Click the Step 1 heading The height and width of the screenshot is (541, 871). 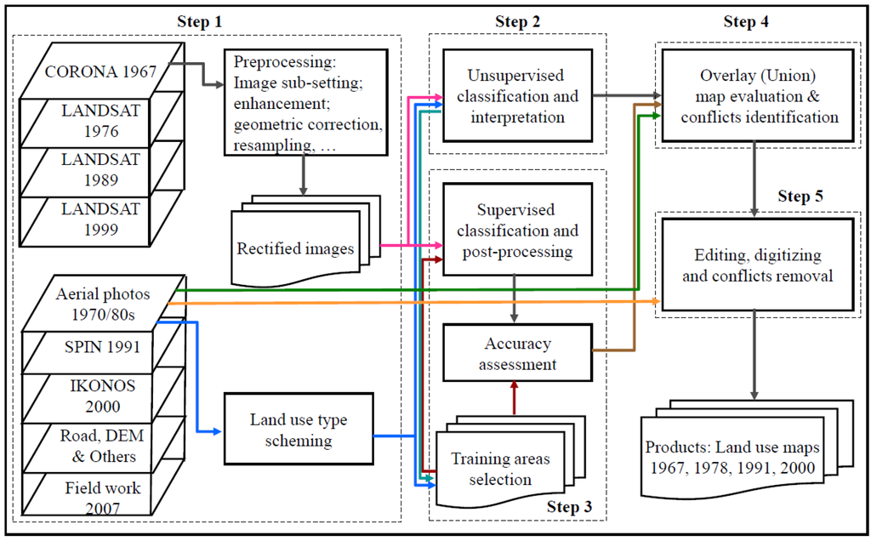point(199,21)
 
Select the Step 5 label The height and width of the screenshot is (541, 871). point(800,196)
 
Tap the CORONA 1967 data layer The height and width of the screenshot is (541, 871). point(102,71)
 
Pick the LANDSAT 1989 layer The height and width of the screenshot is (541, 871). point(102,169)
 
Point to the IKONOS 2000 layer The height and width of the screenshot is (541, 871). point(103,396)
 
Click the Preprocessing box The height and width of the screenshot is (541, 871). point(305,102)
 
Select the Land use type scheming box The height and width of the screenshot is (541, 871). point(299,430)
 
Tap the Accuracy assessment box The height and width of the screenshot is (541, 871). point(517,353)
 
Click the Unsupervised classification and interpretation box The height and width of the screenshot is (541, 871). point(517,95)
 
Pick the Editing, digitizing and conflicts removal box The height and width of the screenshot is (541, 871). point(757,265)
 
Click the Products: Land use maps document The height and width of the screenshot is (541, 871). point(747,449)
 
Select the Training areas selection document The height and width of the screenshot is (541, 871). point(510,462)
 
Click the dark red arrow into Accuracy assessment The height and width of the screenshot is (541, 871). point(514,398)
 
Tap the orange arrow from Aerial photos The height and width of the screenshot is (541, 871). point(414,303)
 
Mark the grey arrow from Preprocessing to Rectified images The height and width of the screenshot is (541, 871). point(304,175)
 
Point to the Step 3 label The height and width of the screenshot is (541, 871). point(569,507)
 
